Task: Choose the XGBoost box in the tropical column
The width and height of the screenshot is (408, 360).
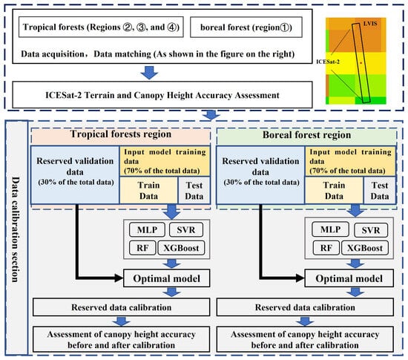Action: [183, 250]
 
